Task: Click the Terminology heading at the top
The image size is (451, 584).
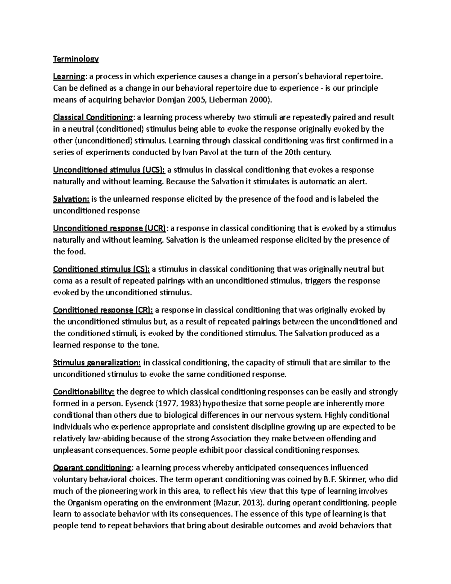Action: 76,59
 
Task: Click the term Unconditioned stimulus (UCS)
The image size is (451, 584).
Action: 109,170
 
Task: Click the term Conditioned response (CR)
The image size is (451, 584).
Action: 103,310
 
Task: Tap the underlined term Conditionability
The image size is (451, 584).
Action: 84,392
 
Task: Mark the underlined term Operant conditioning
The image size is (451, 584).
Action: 92,468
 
